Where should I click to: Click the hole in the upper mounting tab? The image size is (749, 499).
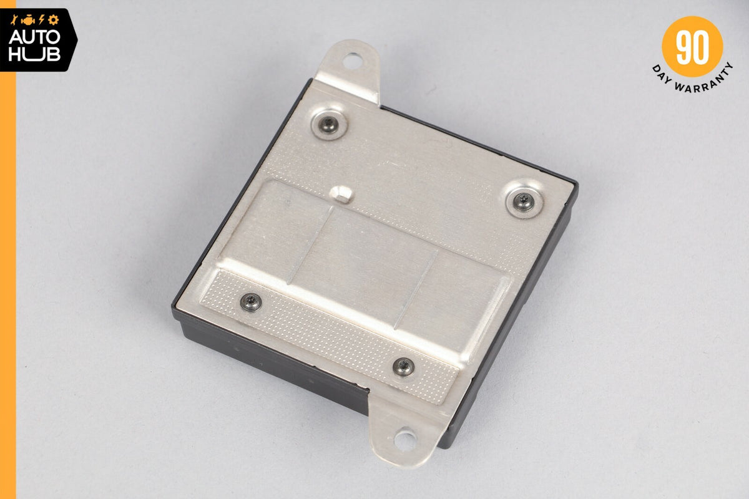353,62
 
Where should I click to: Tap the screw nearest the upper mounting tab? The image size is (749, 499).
329,125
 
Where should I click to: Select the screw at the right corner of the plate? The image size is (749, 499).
524,201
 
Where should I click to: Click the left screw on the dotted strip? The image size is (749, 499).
251,302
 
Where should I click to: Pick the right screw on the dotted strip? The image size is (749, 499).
404,366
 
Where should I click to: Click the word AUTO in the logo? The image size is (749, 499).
34,37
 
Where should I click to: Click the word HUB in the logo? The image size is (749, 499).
34,54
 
